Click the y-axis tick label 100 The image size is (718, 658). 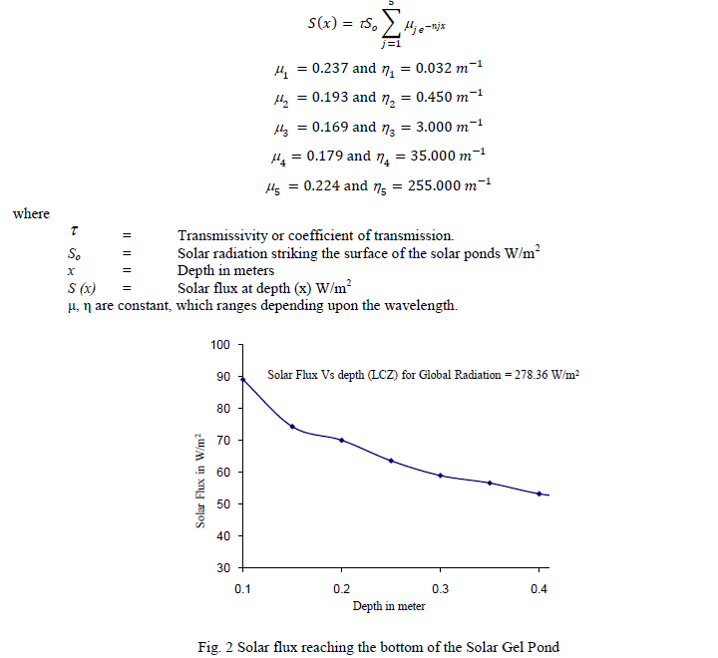click(220, 345)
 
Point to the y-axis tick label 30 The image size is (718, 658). click(223, 567)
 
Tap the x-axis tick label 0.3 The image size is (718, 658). click(440, 588)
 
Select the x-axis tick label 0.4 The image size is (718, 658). click(538, 588)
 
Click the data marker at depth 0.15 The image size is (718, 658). click(292, 427)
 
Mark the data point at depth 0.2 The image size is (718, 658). click(341, 440)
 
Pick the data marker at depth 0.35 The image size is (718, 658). click(490, 483)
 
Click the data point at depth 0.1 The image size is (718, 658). click(243, 379)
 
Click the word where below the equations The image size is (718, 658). click(31, 213)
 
